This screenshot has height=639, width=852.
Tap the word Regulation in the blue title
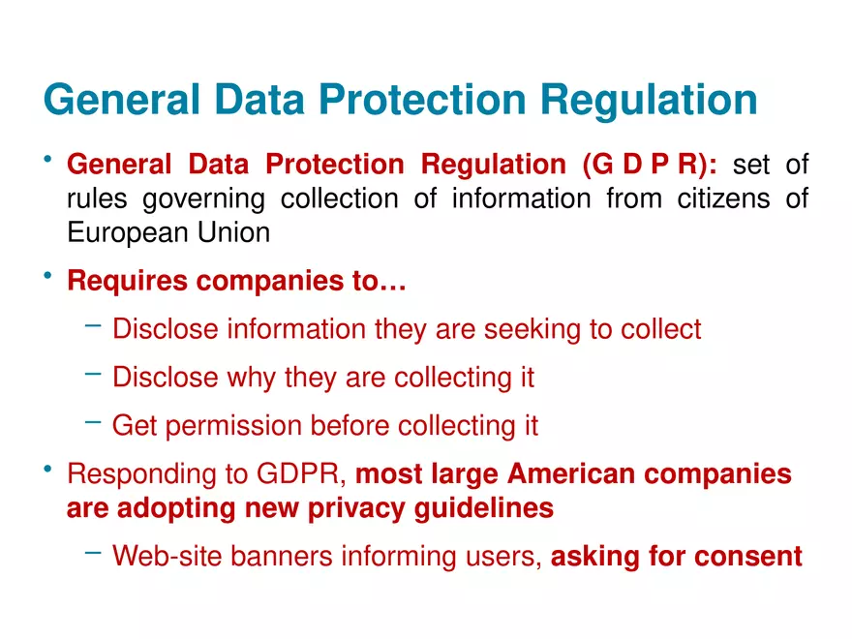(649, 101)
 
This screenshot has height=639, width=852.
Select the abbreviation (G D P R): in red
(650, 164)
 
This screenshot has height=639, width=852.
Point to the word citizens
(723, 198)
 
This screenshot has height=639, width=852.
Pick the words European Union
(168, 232)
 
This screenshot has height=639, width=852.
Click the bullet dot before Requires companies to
(47, 276)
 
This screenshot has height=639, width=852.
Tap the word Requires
(127, 282)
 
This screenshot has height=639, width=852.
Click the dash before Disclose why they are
(94, 374)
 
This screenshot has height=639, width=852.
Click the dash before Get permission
(94, 421)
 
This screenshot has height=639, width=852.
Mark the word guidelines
(483, 509)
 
